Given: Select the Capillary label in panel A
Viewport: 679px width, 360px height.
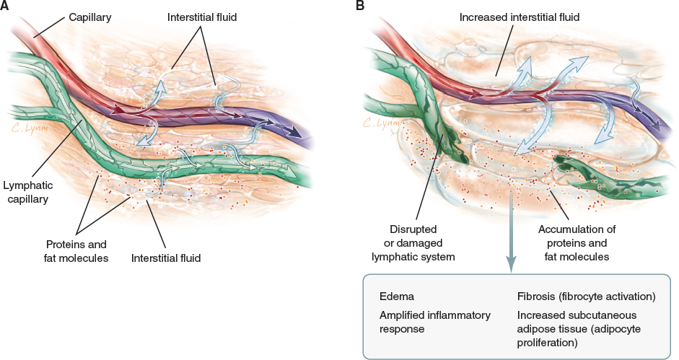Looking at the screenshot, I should point(91,15).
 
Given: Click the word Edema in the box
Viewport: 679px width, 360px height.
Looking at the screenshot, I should point(396,297).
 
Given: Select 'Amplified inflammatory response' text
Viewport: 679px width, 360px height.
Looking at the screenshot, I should point(435,322).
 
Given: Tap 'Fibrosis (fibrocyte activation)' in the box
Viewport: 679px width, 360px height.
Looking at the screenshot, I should point(586,297).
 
